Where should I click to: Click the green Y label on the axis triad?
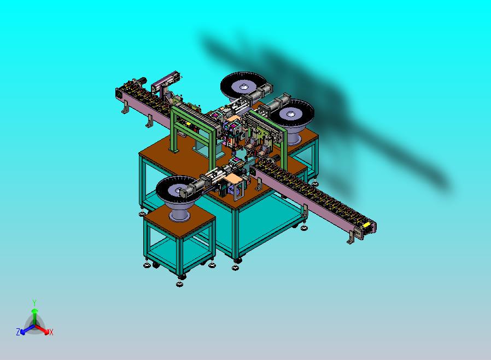coord(34,303)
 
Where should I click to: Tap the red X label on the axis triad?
coord(51,332)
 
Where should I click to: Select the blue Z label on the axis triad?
coord(18,332)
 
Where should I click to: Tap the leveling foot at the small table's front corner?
coord(180,283)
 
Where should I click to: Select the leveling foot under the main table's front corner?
coord(236,267)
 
